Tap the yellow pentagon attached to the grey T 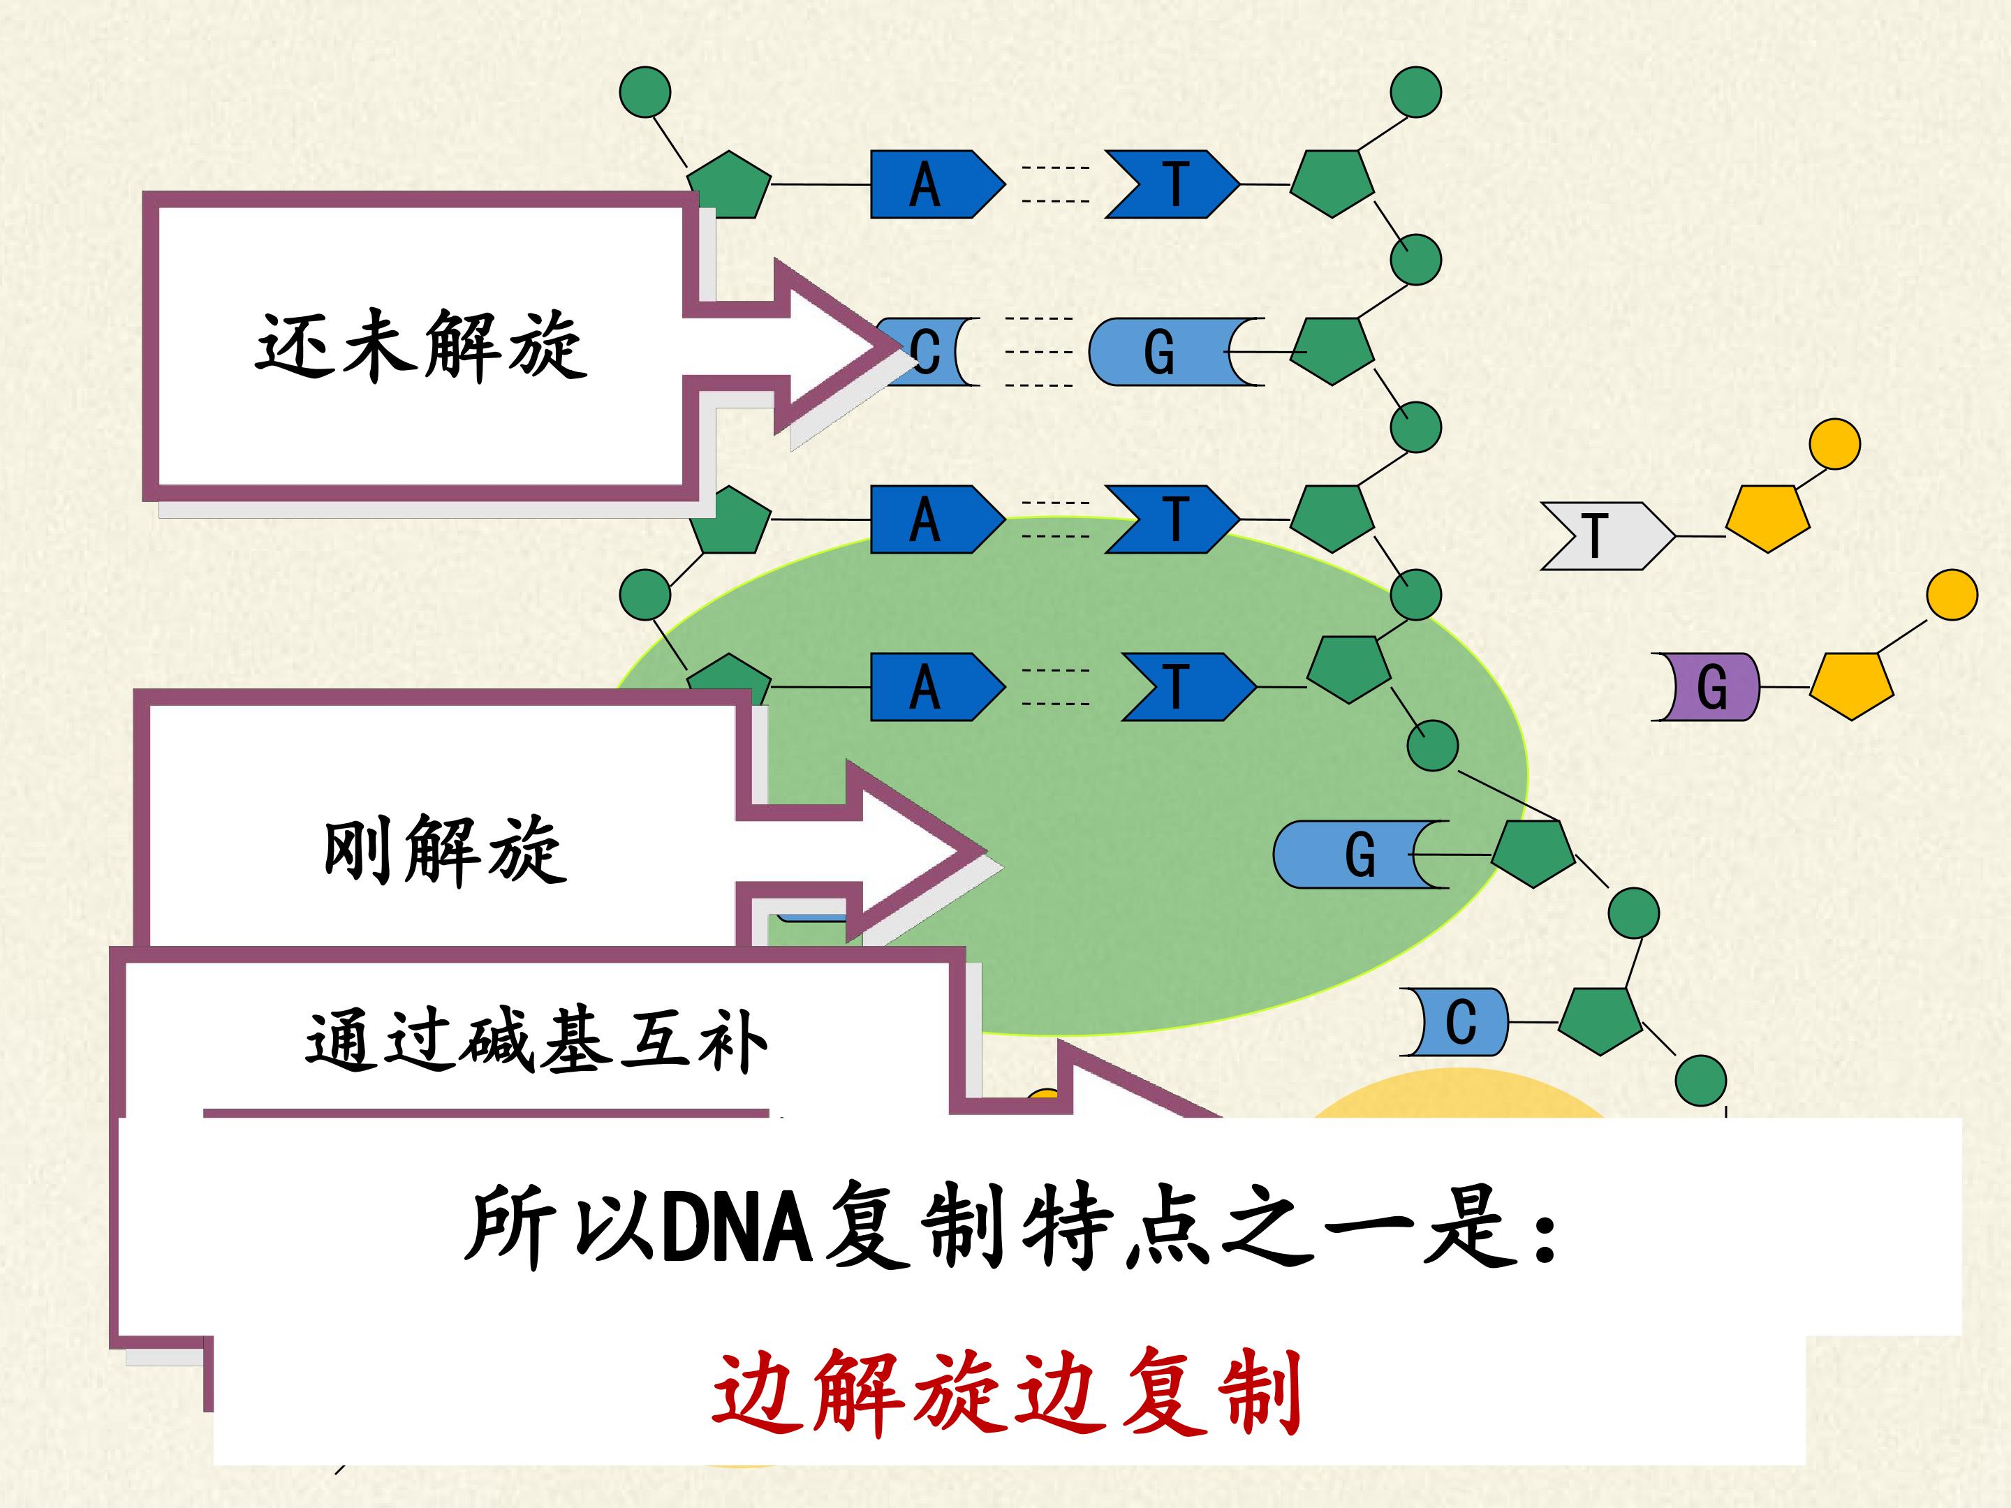click(1767, 517)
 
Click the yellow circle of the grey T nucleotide click(1834, 445)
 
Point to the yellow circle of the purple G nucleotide click(1952, 595)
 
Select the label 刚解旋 click(445, 850)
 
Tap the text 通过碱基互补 click(536, 1042)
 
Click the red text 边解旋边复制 click(1006, 1393)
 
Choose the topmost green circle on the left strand click(644, 92)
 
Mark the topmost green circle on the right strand click(1415, 92)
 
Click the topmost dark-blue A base click(937, 184)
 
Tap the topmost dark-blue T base click(1172, 184)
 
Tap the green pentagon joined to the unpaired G click(1533, 852)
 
